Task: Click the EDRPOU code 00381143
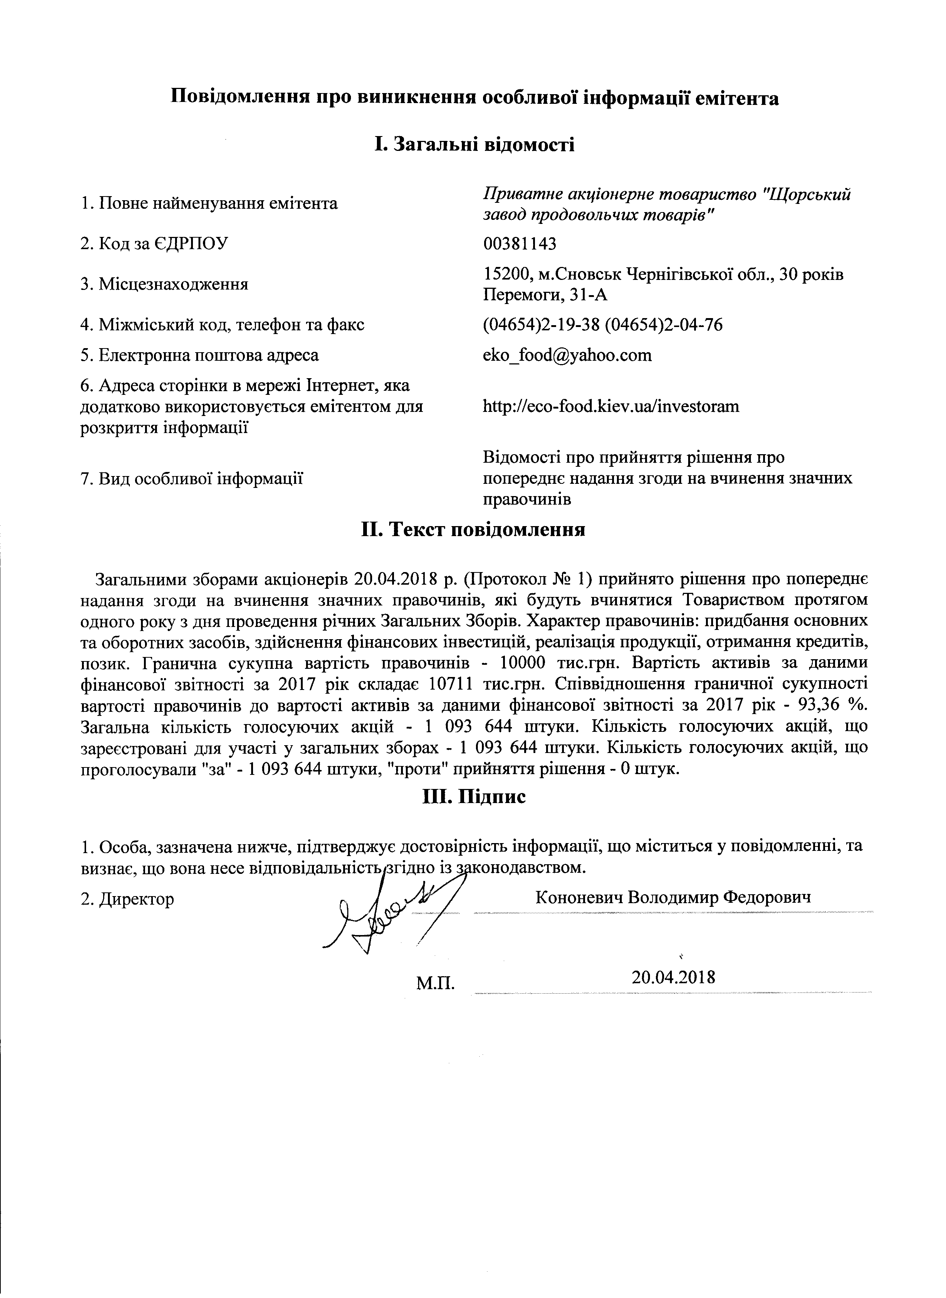[519, 244]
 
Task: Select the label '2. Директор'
[128, 899]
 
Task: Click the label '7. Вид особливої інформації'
[192, 478]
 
